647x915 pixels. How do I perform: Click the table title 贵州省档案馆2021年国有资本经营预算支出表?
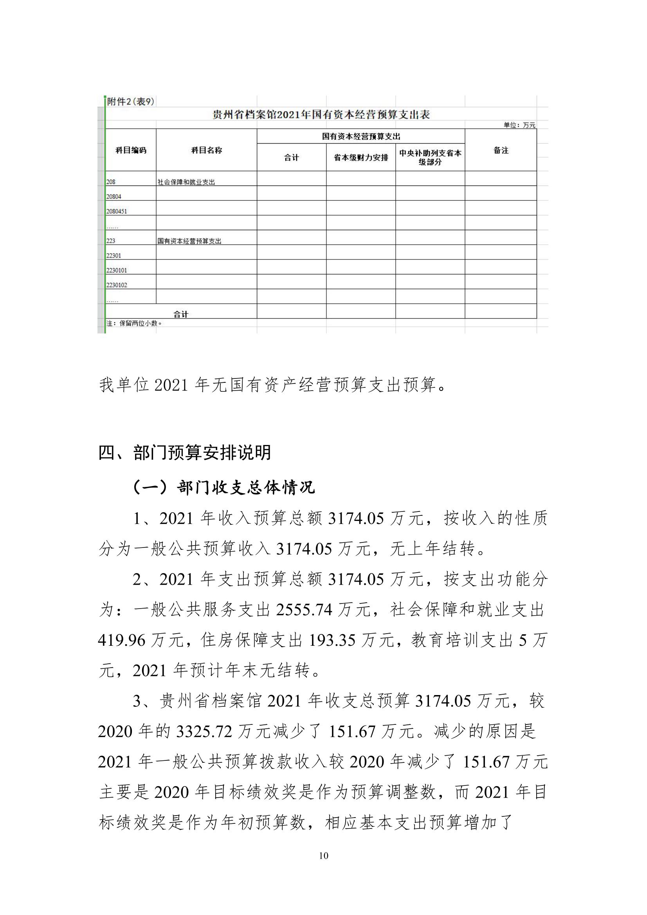(x=321, y=115)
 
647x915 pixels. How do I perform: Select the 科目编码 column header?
(x=131, y=150)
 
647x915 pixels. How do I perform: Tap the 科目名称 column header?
(x=207, y=150)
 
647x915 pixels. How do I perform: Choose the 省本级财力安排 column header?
(x=361, y=158)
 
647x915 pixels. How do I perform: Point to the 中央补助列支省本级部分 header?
(x=430, y=158)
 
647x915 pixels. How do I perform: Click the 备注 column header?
(x=501, y=150)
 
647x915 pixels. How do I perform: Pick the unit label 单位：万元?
(x=519, y=125)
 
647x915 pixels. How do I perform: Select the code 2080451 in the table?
(x=116, y=211)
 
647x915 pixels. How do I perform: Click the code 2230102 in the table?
(x=116, y=285)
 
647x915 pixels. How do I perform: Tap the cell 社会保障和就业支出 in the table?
(x=186, y=182)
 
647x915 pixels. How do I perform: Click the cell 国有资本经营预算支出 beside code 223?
(x=189, y=241)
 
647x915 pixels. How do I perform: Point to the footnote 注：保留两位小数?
(x=134, y=323)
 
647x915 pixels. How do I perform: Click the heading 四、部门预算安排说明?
(x=185, y=453)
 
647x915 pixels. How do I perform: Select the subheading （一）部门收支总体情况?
(x=223, y=487)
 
